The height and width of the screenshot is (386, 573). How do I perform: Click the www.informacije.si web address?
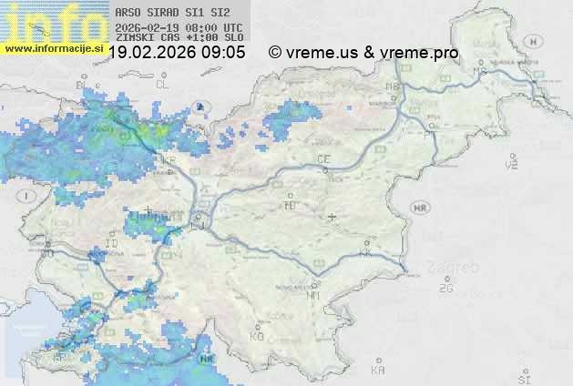tap(53, 48)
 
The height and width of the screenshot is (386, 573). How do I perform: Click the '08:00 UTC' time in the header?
tap(217, 26)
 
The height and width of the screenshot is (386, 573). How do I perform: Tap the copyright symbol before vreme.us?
tap(274, 53)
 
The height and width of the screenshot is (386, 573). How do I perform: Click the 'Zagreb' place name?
tap(457, 268)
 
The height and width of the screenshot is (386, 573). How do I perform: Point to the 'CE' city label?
tap(322, 159)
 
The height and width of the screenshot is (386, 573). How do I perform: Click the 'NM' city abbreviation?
tap(313, 295)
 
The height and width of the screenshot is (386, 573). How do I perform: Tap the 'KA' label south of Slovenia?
tap(378, 371)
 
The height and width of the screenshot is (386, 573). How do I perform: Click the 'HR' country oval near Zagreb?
tap(421, 208)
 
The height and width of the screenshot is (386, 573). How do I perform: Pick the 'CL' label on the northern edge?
tap(162, 84)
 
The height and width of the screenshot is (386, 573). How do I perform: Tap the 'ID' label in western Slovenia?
tap(112, 244)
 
